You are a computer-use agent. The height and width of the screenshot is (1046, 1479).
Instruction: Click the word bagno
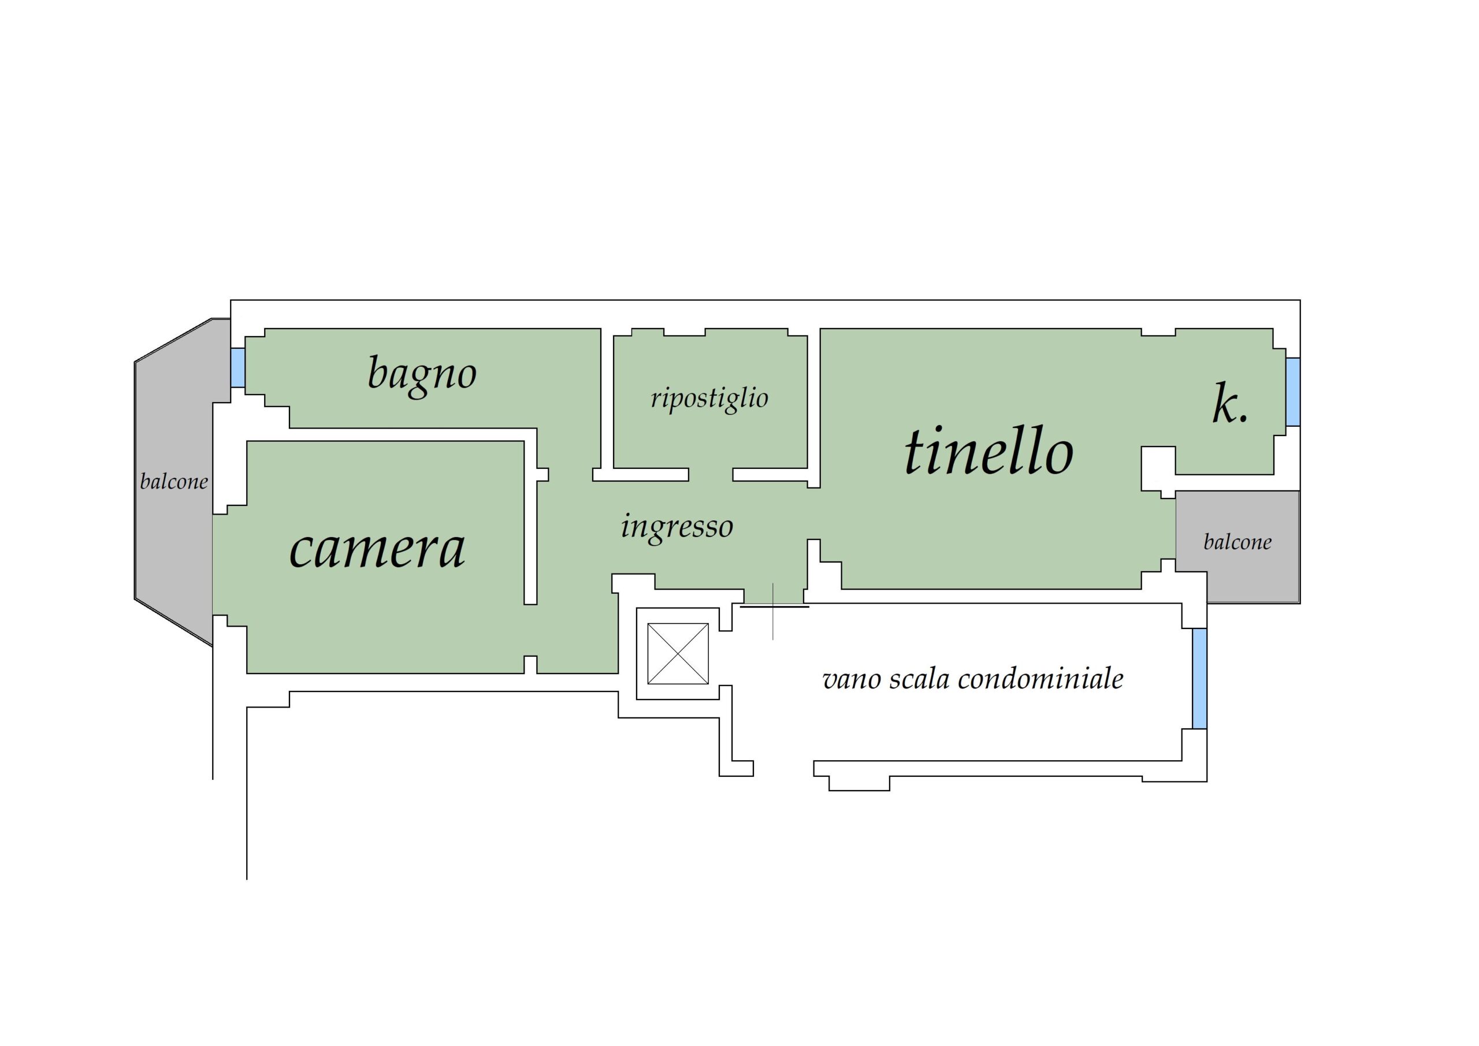coord(422,375)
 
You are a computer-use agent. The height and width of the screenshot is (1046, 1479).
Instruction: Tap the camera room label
coord(377,549)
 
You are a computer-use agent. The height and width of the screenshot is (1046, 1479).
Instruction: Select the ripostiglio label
coord(709,398)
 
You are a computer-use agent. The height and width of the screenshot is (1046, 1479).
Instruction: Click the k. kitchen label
coord(1231,404)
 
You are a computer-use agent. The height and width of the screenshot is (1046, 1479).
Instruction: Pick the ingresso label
coord(677,527)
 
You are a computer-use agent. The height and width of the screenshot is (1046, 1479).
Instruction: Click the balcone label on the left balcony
coord(174,481)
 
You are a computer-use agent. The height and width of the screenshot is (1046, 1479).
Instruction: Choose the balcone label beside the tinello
coord(1238,542)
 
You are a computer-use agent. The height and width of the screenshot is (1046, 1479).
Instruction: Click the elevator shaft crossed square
coord(678,654)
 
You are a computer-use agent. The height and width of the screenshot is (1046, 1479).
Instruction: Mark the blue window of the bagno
coord(237,368)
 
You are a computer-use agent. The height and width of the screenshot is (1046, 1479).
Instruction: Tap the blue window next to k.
coord(1293,392)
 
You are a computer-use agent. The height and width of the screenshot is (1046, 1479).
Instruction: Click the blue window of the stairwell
coord(1199,678)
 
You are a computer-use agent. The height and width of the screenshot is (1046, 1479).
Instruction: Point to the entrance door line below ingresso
coord(775,605)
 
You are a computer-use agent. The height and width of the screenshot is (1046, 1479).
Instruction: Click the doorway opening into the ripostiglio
coord(711,475)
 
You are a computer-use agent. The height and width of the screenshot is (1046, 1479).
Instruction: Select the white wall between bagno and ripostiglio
coord(607,399)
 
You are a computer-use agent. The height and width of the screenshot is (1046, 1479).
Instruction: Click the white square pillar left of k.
coord(1158,468)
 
